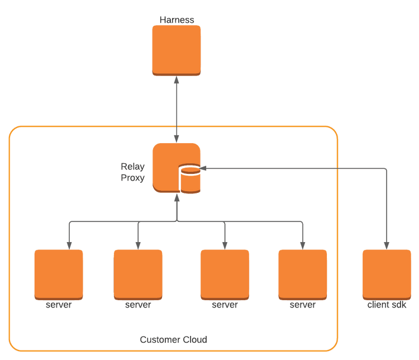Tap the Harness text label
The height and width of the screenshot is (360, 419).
[177, 19]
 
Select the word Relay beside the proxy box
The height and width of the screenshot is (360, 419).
[133, 167]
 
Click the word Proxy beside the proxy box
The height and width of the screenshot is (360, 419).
[133, 178]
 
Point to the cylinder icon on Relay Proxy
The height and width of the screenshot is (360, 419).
[189, 179]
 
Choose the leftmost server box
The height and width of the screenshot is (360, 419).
[58, 274]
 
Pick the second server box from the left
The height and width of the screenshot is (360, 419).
[138, 274]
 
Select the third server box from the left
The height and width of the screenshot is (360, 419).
[225, 274]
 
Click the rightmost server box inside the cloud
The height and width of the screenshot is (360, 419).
[302, 274]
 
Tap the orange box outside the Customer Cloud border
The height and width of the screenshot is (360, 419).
[386, 274]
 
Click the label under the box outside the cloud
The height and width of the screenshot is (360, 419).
[386, 306]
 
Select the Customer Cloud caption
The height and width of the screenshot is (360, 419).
[173, 339]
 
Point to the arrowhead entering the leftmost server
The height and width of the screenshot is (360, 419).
[69, 244]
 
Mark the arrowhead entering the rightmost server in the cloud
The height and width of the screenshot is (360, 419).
[302, 244]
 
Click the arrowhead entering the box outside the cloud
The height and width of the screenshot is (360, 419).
[386, 244]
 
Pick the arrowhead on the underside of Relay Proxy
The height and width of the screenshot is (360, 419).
[177, 197]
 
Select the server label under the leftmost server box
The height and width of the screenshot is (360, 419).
[58, 306]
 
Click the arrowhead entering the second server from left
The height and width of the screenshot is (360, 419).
[138, 244]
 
